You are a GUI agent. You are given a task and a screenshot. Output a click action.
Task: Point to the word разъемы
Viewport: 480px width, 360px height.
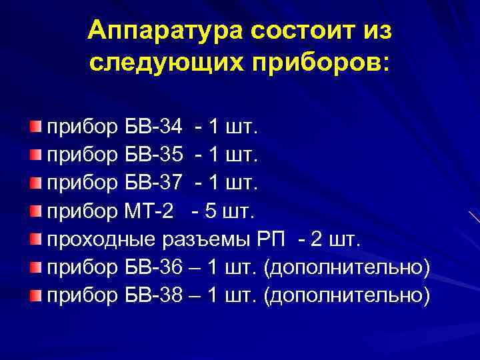coord(207,240)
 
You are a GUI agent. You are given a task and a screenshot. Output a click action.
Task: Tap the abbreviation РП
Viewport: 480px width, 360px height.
coord(273,240)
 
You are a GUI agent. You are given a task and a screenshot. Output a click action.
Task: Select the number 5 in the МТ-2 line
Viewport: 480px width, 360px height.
coord(211,212)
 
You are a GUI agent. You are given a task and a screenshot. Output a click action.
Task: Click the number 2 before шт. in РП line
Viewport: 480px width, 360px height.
coord(317,240)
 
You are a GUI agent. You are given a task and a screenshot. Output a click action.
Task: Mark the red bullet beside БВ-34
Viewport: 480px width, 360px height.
coord(35,126)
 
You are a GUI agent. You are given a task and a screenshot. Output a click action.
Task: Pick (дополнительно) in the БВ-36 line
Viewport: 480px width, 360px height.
coord(347,267)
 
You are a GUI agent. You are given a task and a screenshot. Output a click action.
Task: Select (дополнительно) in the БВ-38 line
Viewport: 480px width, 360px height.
coord(347,295)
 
